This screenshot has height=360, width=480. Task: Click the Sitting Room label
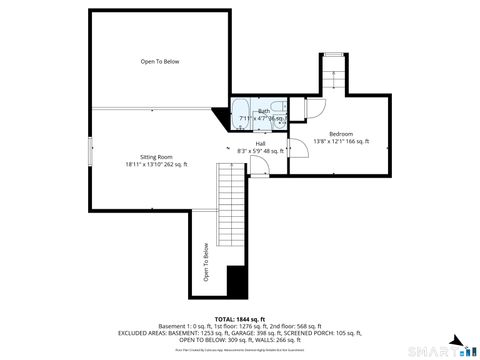pyautogui.click(x=156, y=156)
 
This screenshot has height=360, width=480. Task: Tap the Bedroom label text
pyautogui.click(x=341, y=133)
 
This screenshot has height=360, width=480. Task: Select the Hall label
pyautogui.click(x=260, y=143)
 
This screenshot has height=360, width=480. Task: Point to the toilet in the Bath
pyautogui.click(x=283, y=107)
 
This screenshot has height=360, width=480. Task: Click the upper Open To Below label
pyautogui.click(x=160, y=62)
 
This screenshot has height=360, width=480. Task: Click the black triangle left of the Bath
pyautogui.click(x=222, y=116)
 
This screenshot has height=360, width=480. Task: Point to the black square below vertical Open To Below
pyautogui.click(x=237, y=283)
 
